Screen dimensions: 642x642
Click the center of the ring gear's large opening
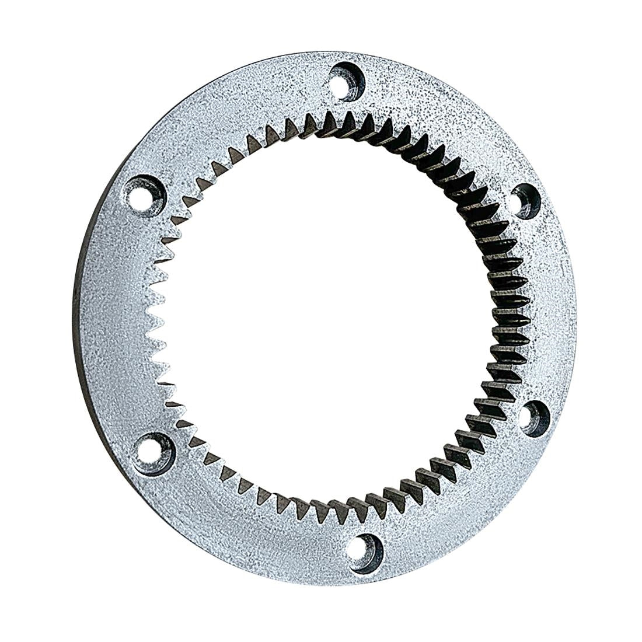coord(327,318)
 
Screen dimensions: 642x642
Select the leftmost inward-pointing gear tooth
coord(153,318)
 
